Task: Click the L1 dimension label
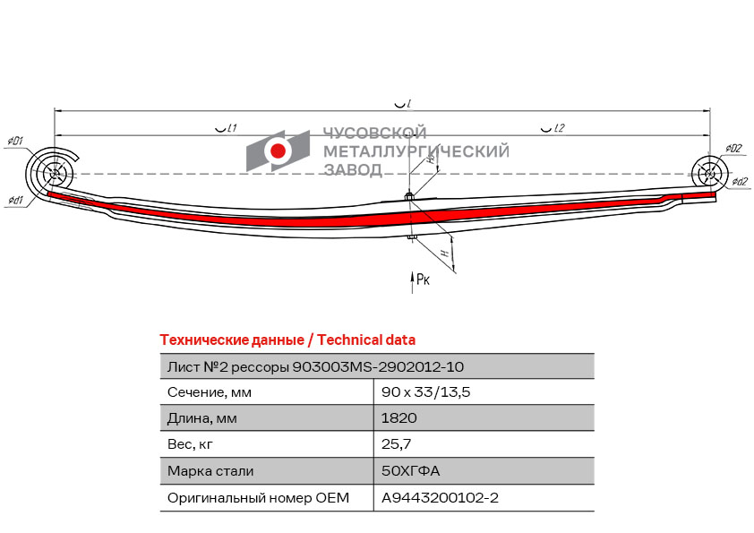pyautogui.click(x=227, y=128)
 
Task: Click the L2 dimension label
pyautogui.click(x=553, y=128)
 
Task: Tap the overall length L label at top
pyautogui.click(x=402, y=104)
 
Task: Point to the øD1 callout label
pyautogui.click(x=15, y=142)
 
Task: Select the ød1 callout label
pyautogui.click(x=16, y=200)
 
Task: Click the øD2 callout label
pyautogui.click(x=733, y=148)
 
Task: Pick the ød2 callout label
pyautogui.click(x=740, y=181)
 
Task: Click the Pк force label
pyautogui.click(x=424, y=279)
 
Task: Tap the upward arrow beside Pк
pyautogui.click(x=412, y=282)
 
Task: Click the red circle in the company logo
pyautogui.click(x=278, y=150)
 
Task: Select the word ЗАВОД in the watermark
pyautogui.click(x=353, y=170)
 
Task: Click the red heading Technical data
pyautogui.click(x=366, y=340)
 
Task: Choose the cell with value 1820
pyautogui.click(x=399, y=418)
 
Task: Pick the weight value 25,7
pyautogui.click(x=396, y=444)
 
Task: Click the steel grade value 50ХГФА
pyautogui.click(x=411, y=470)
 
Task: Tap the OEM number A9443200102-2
pyautogui.click(x=440, y=497)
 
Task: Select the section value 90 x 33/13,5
pyautogui.click(x=425, y=392)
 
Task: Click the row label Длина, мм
pyautogui.click(x=202, y=418)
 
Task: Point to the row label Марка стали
pyautogui.click(x=210, y=470)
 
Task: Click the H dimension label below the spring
pyautogui.click(x=445, y=253)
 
